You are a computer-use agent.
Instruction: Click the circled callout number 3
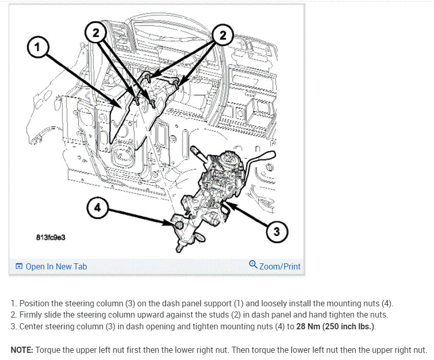(277, 232)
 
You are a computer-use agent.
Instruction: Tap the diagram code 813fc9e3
(51, 238)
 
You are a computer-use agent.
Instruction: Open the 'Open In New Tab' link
(56, 266)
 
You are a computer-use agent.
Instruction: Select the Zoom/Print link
(280, 266)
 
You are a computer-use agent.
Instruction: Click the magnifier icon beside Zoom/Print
(253, 264)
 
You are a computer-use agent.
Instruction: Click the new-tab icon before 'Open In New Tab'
(19, 266)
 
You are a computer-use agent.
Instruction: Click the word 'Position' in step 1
(35, 303)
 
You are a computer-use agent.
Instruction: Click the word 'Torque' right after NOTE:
(49, 350)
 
